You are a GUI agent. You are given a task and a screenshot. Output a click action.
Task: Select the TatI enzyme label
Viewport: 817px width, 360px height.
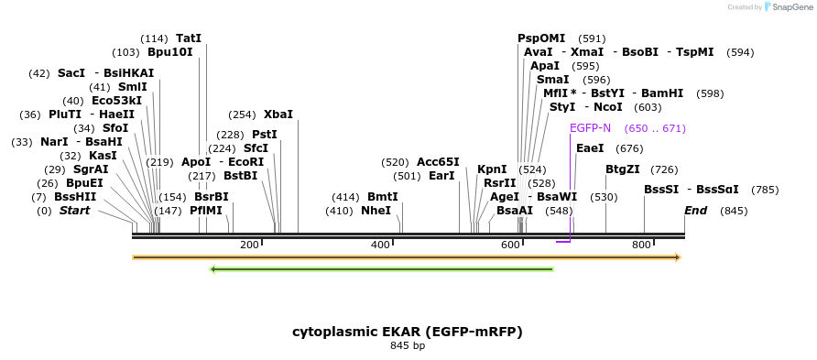(x=189, y=38)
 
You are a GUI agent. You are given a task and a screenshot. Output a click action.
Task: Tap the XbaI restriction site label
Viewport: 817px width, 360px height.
(x=278, y=115)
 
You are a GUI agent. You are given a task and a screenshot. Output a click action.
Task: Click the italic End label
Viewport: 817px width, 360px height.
(x=696, y=211)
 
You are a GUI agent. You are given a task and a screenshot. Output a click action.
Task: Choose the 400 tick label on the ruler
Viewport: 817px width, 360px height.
(x=380, y=245)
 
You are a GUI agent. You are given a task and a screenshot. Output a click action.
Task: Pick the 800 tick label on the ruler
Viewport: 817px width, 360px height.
(x=641, y=245)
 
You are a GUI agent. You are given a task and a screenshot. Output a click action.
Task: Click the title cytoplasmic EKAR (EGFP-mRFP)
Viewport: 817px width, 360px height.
(x=408, y=331)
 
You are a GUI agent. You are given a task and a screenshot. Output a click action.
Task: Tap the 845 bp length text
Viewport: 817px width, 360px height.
(x=408, y=346)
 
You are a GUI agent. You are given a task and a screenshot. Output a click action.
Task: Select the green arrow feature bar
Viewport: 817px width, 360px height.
(x=382, y=269)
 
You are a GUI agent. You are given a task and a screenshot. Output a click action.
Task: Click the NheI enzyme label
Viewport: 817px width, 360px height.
(x=376, y=211)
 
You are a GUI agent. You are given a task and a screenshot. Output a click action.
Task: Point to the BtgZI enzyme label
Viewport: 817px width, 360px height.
(x=623, y=169)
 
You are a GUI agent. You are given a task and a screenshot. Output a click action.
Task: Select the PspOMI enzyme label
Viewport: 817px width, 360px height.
(x=541, y=38)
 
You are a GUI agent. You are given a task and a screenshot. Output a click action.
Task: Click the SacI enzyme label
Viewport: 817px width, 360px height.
(x=71, y=73)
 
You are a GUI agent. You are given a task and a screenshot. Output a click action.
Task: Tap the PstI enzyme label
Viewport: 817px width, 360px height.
(x=265, y=135)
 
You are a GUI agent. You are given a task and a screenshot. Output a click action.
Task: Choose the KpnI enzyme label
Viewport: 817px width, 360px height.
(x=492, y=169)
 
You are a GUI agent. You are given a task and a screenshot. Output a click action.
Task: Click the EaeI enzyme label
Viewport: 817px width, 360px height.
(x=590, y=148)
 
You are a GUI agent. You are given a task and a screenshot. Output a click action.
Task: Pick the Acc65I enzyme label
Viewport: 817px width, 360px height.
(x=438, y=162)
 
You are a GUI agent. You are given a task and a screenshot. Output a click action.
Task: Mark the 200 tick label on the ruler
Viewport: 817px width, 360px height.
(x=249, y=245)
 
